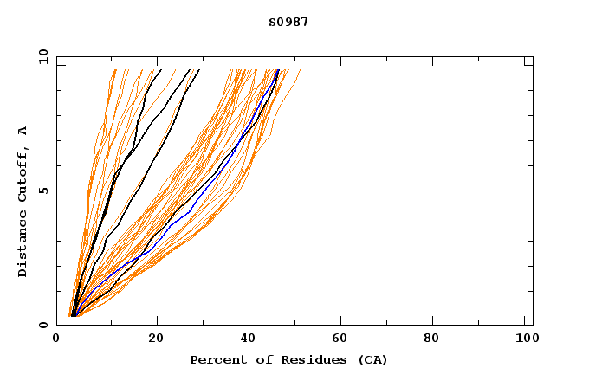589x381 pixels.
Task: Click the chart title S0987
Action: (x=288, y=22)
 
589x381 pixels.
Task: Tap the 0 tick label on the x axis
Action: (x=56, y=339)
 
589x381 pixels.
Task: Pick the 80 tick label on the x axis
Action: (x=432, y=339)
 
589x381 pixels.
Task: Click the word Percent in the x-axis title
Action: (x=214, y=360)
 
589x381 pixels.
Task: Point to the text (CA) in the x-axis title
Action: (x=373, y=360)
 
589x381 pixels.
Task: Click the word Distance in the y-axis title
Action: (x=23, y=246)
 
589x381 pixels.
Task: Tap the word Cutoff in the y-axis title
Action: (x=23, y=173)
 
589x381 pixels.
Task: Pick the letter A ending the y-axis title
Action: (x=23, y=132)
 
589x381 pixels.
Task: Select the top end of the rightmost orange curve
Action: (x=301, y=70)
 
